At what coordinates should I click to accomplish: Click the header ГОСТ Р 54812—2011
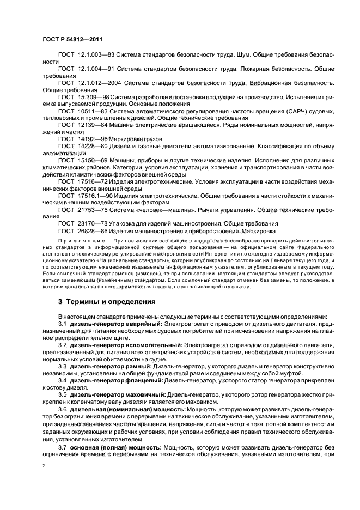click(71, 40)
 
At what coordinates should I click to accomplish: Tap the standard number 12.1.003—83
click(96, 55)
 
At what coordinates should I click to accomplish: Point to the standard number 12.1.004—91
click(96, 69)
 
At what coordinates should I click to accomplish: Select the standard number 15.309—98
click(93, 96)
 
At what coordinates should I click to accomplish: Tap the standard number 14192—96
click(91, 138)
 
